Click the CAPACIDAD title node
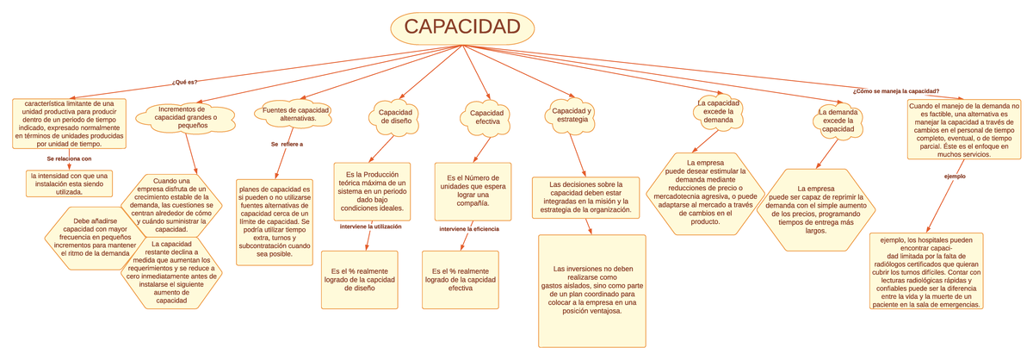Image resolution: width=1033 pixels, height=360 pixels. pyautogui.click(x=462, y=28)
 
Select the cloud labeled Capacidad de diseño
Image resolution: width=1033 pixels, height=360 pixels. pyautogui.click(x=395, y=116)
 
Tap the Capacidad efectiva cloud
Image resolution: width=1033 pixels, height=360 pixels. pyautogui.click(x=487, y=118)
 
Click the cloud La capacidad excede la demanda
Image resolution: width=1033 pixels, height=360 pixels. pyautogui.click(x=718, y=111)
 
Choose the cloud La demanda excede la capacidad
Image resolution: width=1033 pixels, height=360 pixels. pyautogui.click(x=837, y=116)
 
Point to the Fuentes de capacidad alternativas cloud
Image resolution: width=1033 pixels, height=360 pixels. pyautogui.click(x=295, y=114)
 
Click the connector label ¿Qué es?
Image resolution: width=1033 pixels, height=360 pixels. pyautogui.click(x=184, y=83)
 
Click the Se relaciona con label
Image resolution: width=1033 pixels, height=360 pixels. pyautogui.click(x=69, y=159)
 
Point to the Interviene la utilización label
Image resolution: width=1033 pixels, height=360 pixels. pyautogui.click(x=371, y=227)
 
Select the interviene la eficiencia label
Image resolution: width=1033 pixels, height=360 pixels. pyautogui.click(x=469, y=229)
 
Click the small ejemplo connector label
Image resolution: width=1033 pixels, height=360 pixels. pyautogui.click(x=955, y=177)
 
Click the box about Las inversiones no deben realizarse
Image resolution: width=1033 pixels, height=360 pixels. pyautogui.click(x=591, y=290)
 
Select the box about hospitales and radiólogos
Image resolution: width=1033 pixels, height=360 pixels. pyautogui.click(x=932, y=270)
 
